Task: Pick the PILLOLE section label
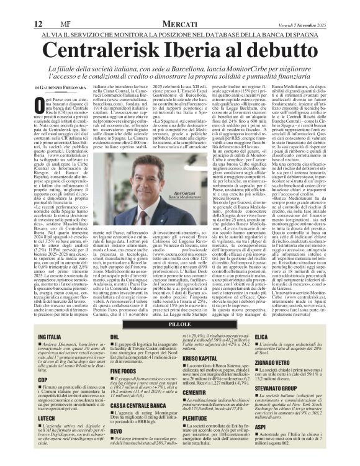(179, 325)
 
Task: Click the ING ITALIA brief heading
(49, 336)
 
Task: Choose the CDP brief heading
(43, 378)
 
